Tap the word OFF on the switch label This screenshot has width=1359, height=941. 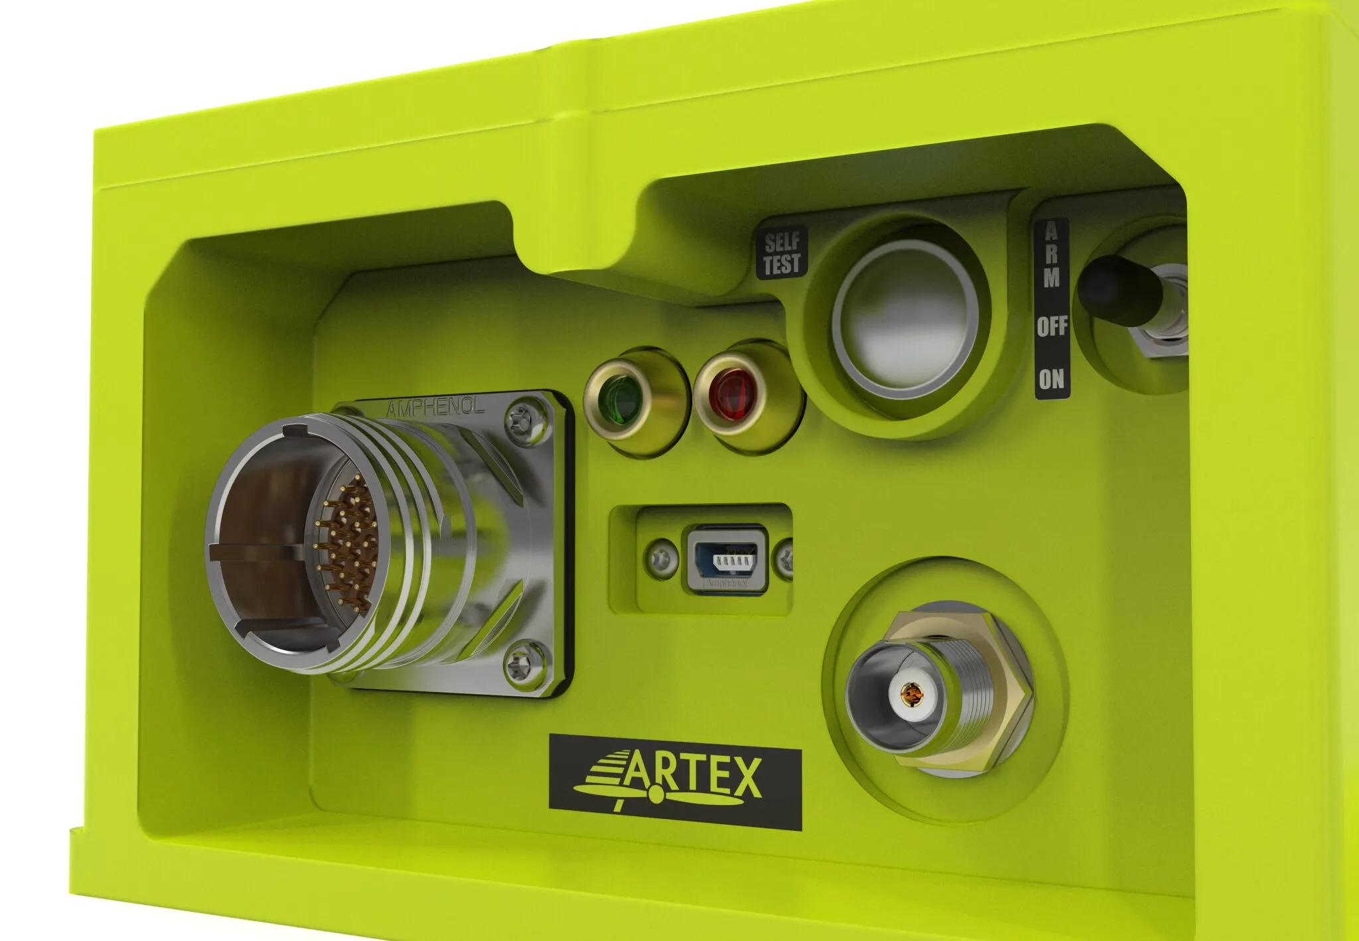pos(1052,326)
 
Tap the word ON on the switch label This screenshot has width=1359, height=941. pos(1052,379)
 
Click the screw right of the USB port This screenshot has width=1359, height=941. pos(786,557)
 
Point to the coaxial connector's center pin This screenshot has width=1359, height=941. pos(914,695)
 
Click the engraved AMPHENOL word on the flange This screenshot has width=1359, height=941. pos(435,407)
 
